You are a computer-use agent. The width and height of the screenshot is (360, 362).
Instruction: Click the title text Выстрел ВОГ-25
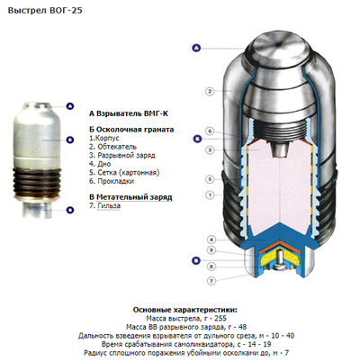pos(45,11)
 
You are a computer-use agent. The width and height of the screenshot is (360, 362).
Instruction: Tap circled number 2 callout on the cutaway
pos(210,91)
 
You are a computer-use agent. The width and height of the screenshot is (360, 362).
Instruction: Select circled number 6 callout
pos(210,131)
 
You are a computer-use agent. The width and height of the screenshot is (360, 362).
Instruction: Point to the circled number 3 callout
pos(210,149)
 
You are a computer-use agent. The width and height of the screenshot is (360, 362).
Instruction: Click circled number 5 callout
pos(210,179)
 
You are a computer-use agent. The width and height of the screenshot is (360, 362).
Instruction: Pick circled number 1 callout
pos(210,195)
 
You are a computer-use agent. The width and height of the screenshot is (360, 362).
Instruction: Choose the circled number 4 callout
pos(211,240)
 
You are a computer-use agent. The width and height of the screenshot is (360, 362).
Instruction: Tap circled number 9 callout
pos(211,250)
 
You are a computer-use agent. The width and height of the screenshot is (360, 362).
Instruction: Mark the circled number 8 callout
pos(211,267)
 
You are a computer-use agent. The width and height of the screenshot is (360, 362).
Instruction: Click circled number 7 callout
pos(211,281)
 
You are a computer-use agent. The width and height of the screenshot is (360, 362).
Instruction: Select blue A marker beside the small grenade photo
pos(70,106)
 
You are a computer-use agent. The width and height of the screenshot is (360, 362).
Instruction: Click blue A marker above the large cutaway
pos(196,48)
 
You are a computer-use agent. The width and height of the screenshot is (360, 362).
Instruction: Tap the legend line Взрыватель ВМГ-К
pos(129,113)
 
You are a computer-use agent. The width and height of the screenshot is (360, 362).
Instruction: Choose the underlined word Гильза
pos(109,206)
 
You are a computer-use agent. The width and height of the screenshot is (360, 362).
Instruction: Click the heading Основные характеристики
pos(185,310)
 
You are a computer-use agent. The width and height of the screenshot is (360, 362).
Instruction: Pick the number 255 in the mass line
pos(220,318)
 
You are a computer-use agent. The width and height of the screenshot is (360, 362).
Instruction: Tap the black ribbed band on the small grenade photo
pos(37,182)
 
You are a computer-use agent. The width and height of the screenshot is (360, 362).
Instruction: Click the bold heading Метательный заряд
pos(134,197)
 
